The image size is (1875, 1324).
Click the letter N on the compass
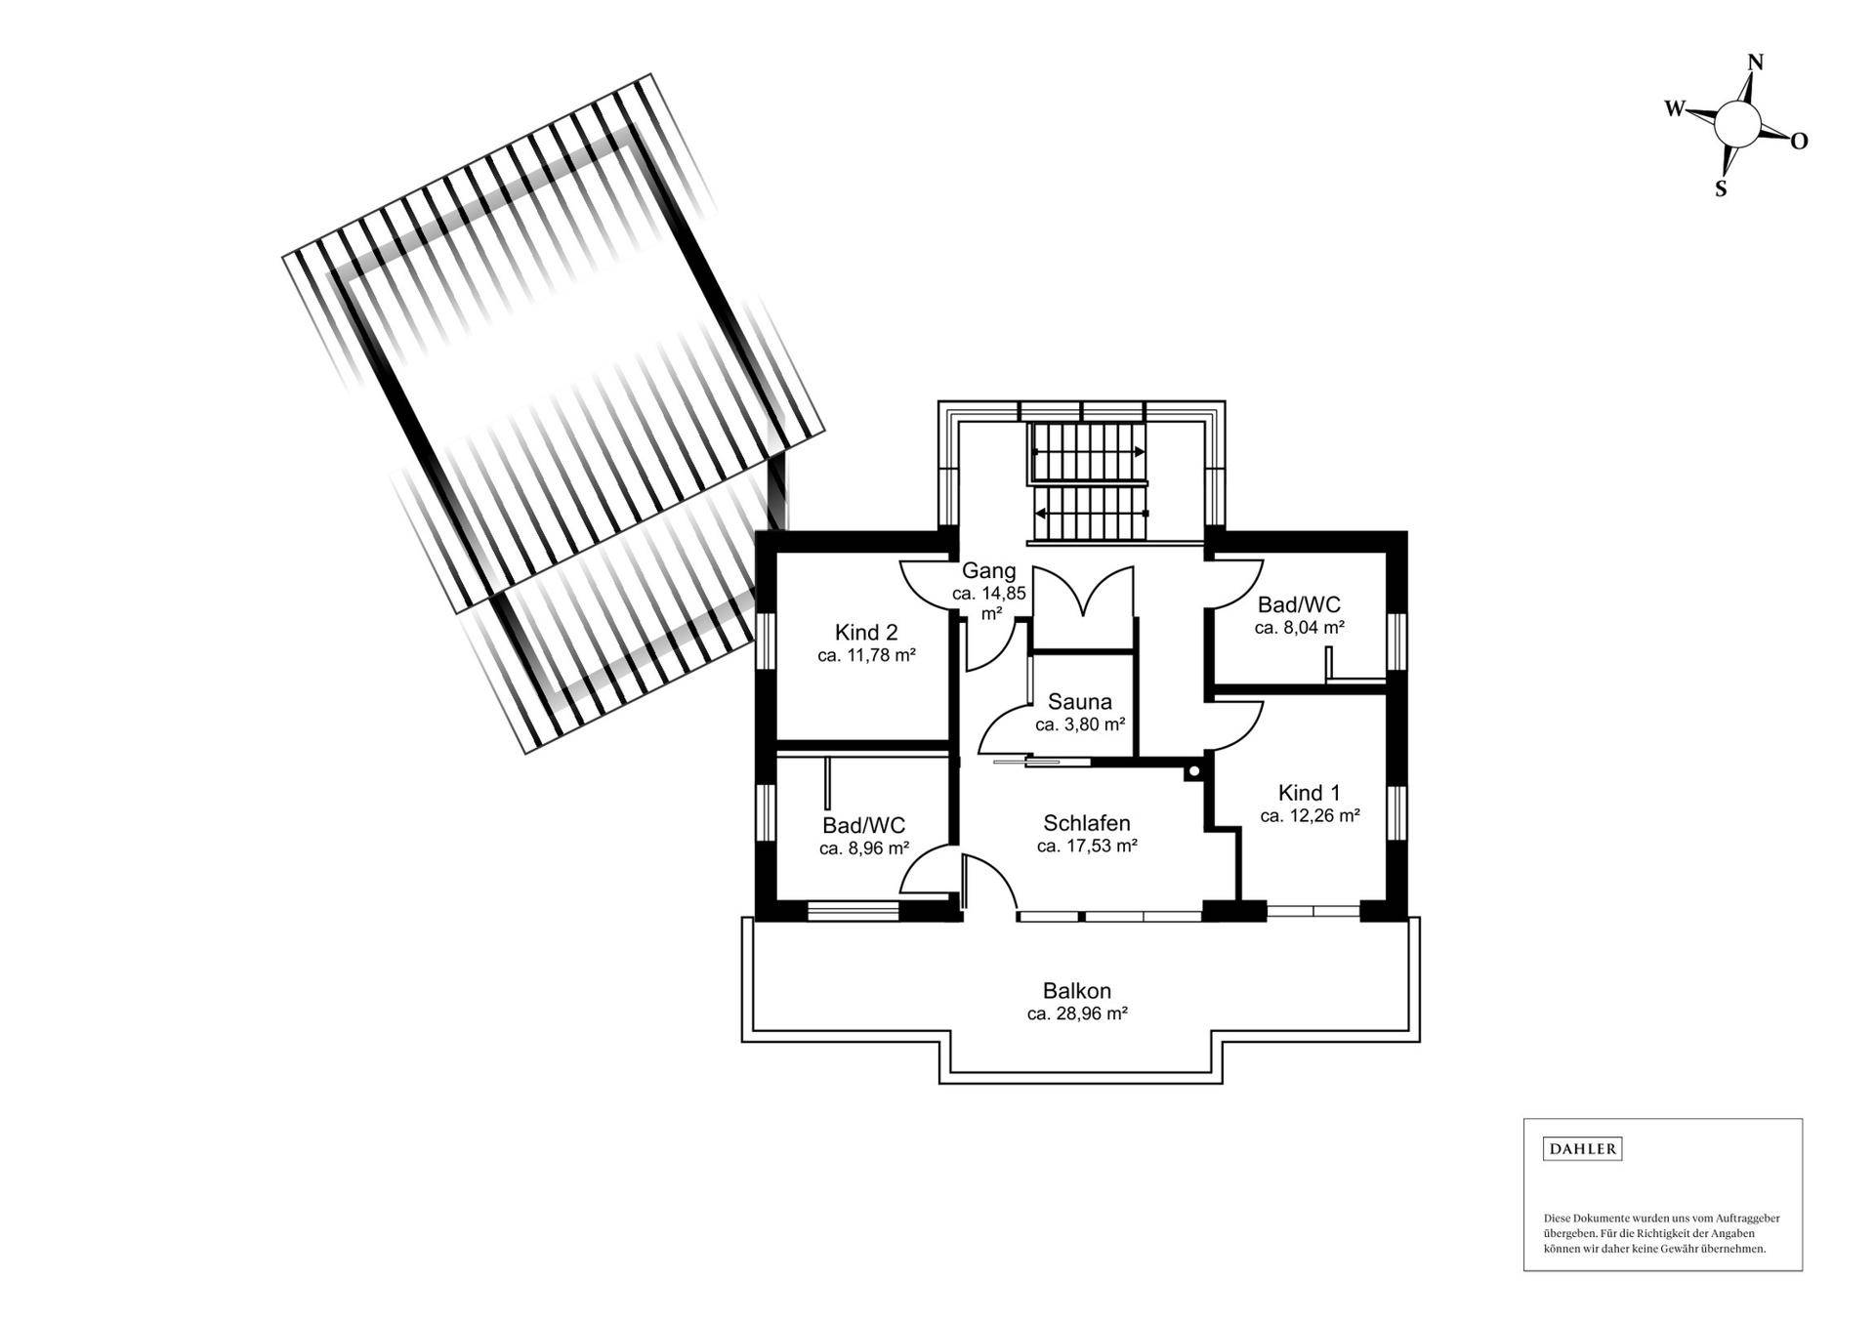point(1755,62)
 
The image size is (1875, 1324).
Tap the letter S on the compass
point(1721,189)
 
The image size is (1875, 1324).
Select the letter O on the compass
point(1799,142)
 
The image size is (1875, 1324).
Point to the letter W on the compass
point(1675,108)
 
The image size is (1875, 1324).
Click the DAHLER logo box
point(1582,1148)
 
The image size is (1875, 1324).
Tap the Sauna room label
point(1079,701)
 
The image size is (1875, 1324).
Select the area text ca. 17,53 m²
point(1087,847)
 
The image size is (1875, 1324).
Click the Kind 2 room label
point(865,631)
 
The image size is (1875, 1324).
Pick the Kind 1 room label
point(1310,792)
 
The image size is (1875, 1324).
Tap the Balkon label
point(1076,991)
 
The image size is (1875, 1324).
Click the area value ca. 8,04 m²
point(1299,628)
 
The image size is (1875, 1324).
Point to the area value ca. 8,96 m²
point(864,848)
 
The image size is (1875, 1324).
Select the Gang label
point(988,570)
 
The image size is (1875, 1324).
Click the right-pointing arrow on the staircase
point(1139,451)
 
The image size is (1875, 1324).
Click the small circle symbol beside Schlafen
point(1193,772)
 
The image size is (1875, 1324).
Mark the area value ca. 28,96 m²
point(1077,1014)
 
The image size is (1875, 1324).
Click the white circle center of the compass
point(1737,124)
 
